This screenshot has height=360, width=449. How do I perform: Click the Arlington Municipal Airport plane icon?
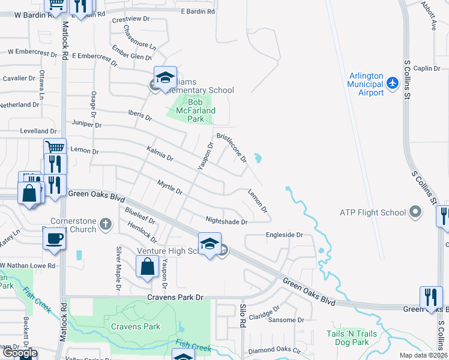[393, 82]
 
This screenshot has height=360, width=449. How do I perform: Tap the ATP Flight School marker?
[415, 212]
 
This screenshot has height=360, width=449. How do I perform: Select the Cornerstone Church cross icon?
[106, 225]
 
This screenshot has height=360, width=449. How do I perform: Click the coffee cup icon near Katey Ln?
[53, 238]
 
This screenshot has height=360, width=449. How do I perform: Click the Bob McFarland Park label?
[194, 107]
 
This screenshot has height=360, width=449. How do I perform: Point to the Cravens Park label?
[136, 327]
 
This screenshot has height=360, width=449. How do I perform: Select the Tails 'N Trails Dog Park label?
[347, 338]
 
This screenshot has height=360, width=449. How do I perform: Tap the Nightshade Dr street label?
[226, 221]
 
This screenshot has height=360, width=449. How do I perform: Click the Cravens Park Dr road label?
[176, 297]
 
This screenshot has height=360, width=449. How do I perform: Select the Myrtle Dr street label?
[169, 187]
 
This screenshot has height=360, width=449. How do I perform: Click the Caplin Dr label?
[427, 69]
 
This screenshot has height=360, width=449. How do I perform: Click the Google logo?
[19, 353]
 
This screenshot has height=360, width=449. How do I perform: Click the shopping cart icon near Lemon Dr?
[55, 146]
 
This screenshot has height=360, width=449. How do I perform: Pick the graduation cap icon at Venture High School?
[209, 244]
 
